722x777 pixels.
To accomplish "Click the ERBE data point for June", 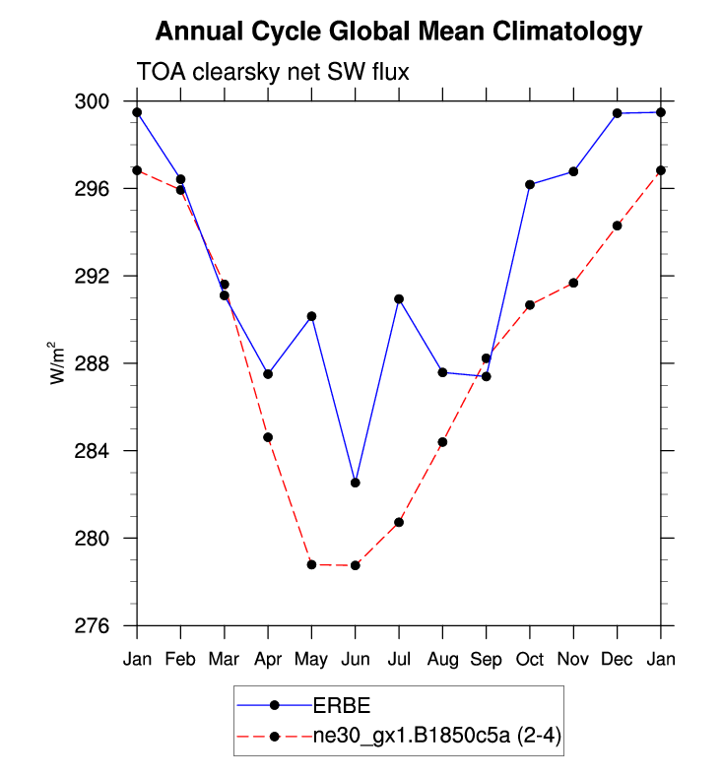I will pos(355,483).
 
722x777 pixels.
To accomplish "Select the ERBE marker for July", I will pos(399,298).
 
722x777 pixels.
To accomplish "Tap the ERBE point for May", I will pos(311,316).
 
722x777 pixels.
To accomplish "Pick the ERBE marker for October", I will pos(530,184).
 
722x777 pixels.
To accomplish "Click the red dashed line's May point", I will pos(311,564).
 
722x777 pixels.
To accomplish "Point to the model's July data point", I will pos(399,522).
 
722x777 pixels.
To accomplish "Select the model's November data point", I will pos(573,283).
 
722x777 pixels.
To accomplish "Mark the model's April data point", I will pos(268,437).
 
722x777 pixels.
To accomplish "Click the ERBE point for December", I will pos(617,113).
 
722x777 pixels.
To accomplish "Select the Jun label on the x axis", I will pos(355,657).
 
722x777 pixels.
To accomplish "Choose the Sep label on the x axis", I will pos(486,657).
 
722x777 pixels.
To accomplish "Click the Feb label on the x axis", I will pos(180,657).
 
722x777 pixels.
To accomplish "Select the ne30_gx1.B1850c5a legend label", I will pos(437,735).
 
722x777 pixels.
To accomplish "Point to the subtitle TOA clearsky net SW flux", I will pos(272,72).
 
